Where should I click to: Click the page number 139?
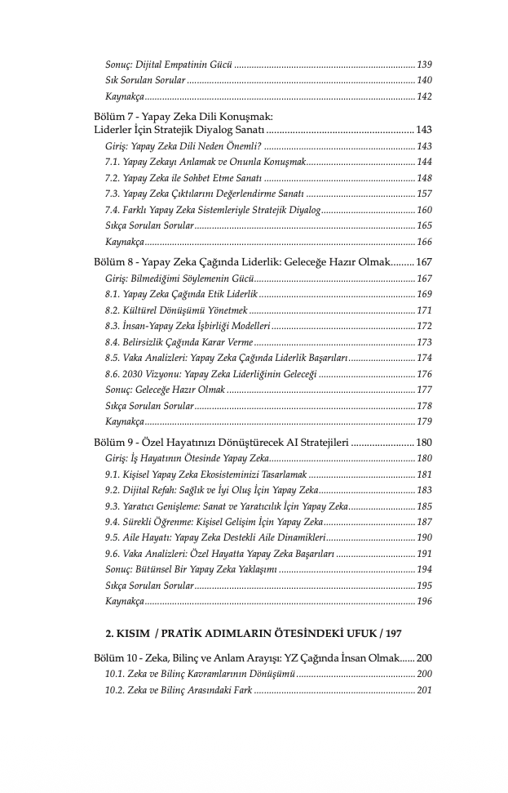424,64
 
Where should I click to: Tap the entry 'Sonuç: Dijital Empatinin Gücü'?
169,64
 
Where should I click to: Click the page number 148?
424,178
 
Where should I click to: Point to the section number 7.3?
113,194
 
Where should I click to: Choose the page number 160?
424,210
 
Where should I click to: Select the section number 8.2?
113,310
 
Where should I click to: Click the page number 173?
424,342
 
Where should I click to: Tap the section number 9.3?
113,506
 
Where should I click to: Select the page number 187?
424,522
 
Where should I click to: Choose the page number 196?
424,602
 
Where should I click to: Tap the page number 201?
424,690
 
